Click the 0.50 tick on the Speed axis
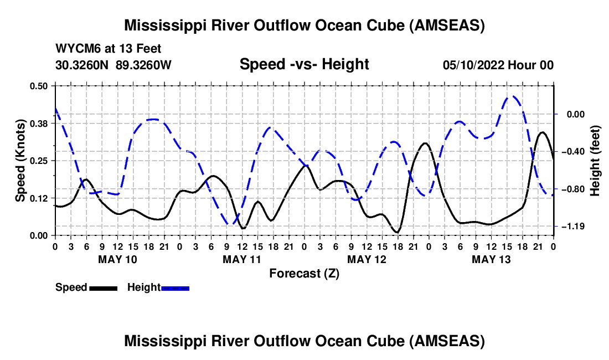click(x=38, y=86)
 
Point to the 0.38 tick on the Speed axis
click(x=38, y=124)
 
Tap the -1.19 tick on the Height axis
click(x=573, y=226)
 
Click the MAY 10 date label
click(x=118, y=259)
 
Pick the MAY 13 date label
click(x=491, y=259)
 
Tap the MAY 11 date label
click(x=242, y=259)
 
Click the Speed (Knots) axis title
click(x=20, y=161)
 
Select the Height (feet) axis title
click(x=595, y=161)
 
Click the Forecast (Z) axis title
click(x=304, y=274)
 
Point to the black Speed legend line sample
click(x=104, y=288)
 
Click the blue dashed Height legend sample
click(x=175, y=288)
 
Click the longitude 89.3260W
click(x=143, y=65)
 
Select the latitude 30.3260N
click(x=82, y=65)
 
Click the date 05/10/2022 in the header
click(x=473, y=65)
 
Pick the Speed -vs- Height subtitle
click(x=304, y=64)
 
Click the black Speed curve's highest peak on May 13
click(x=542, y=132)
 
